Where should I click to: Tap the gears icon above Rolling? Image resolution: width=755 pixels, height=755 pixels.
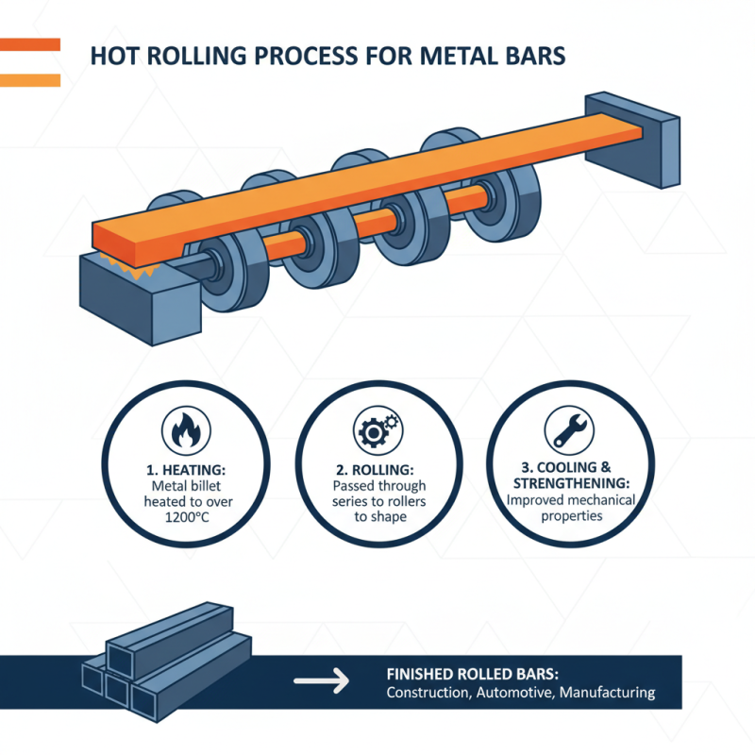(377, 430)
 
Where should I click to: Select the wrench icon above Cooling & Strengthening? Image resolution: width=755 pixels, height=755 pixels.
(568, 430)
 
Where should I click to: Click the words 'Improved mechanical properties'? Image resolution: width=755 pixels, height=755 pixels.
(570, 510)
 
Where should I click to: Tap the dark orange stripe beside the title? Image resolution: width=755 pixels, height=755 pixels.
(30, 44)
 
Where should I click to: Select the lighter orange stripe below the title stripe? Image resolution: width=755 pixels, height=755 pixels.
(30, 80)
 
